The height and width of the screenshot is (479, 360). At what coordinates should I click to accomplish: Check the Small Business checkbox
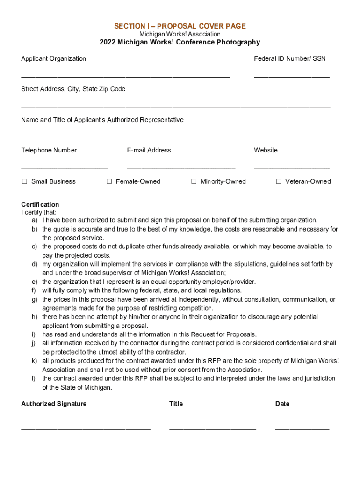point(24,181)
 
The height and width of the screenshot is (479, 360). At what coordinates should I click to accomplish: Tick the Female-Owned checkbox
point(109,181)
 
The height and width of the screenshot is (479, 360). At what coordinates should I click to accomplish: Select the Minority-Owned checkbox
point(194,181)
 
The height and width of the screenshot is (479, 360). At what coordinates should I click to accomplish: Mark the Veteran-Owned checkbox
point(278,181)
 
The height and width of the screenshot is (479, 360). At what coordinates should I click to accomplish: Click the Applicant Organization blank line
point(125,76)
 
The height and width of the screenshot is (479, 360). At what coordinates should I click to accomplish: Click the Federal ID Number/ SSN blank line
point(292,76)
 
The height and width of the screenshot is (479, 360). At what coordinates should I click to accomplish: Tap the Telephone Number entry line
point(64,167)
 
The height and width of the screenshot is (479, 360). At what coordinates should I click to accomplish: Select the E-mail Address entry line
point(181,167)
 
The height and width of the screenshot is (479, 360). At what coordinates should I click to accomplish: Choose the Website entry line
point(292,167)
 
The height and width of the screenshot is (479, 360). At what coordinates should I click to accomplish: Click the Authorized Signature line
point(86,428)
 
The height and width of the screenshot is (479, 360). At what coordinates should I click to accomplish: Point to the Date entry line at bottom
point(302,428)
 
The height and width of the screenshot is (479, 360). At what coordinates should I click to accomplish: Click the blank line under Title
point(212,428)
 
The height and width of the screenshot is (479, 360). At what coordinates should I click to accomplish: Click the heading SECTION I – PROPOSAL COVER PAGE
point(180,26)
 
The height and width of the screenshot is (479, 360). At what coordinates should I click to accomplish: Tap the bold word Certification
point(40,204)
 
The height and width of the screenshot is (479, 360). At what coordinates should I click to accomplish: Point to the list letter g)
point(35,299)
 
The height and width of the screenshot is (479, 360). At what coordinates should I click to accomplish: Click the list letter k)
point(35,361)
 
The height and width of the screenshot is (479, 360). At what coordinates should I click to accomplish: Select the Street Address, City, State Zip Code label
point(73,89)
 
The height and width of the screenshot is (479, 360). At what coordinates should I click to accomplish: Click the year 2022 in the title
point(108,42)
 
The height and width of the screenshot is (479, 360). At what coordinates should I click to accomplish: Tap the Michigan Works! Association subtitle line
point(180,34)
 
